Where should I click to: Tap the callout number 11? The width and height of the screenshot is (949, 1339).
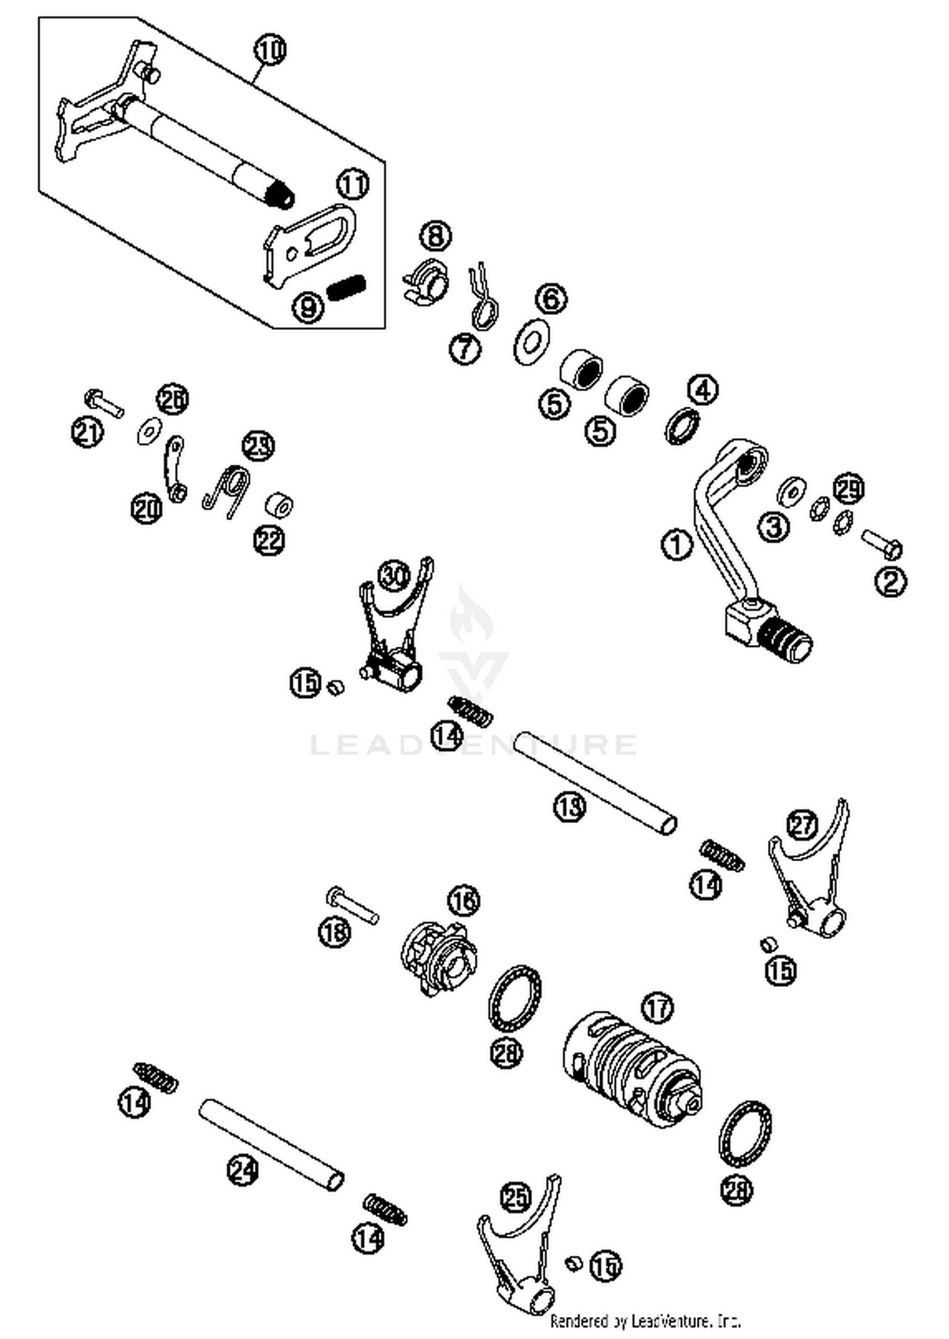click(352, 185)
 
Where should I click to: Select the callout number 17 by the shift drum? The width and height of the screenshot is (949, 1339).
click(657, 1008)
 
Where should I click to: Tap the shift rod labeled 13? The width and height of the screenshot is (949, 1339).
click(595, 783)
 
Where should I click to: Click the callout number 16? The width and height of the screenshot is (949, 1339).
click(464, 900)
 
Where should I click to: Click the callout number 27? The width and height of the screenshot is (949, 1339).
click(803, 826)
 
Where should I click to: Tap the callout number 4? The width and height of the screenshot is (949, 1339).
click(703, 391)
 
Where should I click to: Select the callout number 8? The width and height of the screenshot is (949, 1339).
click(435, 236)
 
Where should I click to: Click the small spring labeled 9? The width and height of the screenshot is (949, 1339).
click(347, 288)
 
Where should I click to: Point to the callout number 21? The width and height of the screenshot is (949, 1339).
click(87, 433)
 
